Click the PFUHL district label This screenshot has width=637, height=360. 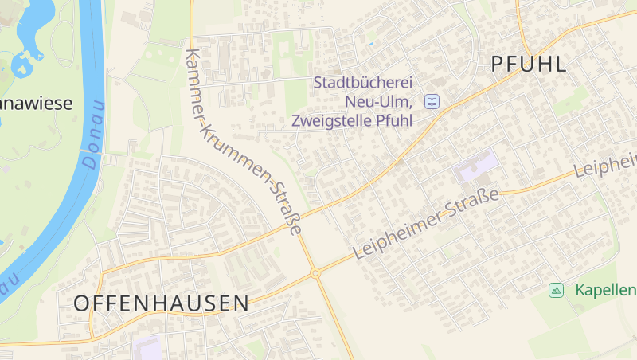(x=529, y=65)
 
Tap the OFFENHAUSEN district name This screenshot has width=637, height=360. (x=161, y=303)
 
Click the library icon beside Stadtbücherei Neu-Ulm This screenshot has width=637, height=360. (x=432, y=102)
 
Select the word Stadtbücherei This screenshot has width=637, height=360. (x=363, y=83)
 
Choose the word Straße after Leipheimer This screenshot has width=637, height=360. (x=475, y=202)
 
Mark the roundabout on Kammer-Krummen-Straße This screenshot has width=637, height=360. (x=315, y=273)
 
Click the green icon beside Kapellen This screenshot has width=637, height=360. (x=556, y=290)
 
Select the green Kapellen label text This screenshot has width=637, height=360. (x=605, y=290)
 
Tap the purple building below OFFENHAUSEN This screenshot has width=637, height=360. (x=147, y=349)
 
